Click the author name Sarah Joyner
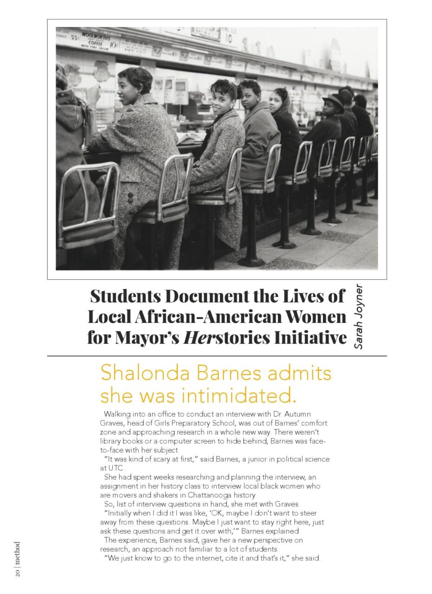pos(358,316)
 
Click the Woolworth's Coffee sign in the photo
pos(97,41)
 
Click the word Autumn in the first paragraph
pos(297,414)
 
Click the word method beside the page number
pos(17,552)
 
